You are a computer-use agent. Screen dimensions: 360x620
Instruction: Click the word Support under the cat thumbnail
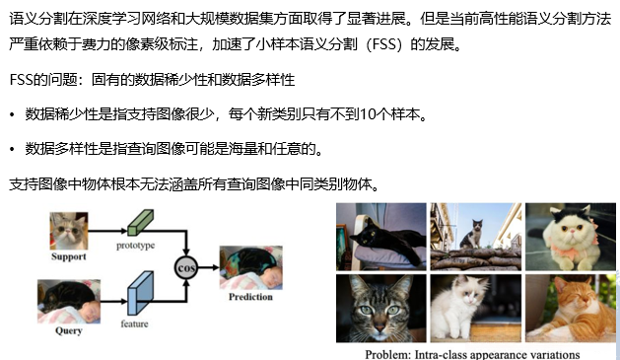click(69, 256)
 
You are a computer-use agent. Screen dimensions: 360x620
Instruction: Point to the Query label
click(68, 330)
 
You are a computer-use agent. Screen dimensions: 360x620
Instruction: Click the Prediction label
click(249, 297)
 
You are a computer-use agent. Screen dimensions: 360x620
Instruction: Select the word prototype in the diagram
click(136, 245)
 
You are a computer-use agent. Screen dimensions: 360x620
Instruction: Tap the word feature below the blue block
click(135, 323)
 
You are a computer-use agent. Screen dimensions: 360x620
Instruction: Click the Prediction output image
click(249, 267)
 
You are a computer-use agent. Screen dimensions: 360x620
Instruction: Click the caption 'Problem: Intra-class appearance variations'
click(472, 353)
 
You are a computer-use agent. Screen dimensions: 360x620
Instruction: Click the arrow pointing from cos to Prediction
click(208, 267)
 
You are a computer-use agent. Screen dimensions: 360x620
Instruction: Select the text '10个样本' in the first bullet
click(392, 116)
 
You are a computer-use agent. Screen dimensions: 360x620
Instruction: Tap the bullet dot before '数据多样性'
click(12, 150)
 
